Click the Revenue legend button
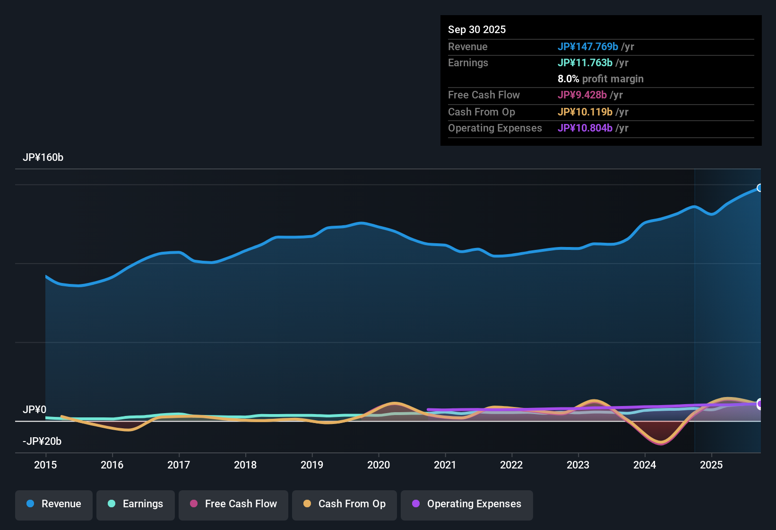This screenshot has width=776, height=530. tap(54, 504)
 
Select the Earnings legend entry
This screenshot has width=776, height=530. tap(136, 504)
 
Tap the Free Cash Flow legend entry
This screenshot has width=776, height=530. tap(233, 504)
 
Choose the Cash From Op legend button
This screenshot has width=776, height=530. tap(345, 504)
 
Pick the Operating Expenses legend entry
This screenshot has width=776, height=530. tap(467, 504)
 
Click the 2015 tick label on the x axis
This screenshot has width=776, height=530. tap(45, 465)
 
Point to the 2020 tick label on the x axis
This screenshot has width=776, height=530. tap(379, 465)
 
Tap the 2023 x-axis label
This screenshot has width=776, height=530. tap(578, 465)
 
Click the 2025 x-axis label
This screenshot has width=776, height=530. tap(711, 465)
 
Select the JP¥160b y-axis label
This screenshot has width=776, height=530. tap(43, 158)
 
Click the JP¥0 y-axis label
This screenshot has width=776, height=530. tap(34, 410)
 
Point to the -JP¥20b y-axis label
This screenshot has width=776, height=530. tap(42, 442)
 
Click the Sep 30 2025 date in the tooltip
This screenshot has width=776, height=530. tap(477, 30)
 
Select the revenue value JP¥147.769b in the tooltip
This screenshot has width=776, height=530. tap(587, 47)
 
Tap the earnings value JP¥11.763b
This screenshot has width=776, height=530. tap(585, 63)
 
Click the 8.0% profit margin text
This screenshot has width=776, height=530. tap(600, 79)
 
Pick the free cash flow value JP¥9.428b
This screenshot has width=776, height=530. tap(582, 95)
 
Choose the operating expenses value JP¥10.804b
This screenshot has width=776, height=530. tap(585, 128)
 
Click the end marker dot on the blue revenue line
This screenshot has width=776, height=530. tap(759, 188)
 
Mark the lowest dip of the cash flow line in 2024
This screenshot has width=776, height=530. tap(661, 443)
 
